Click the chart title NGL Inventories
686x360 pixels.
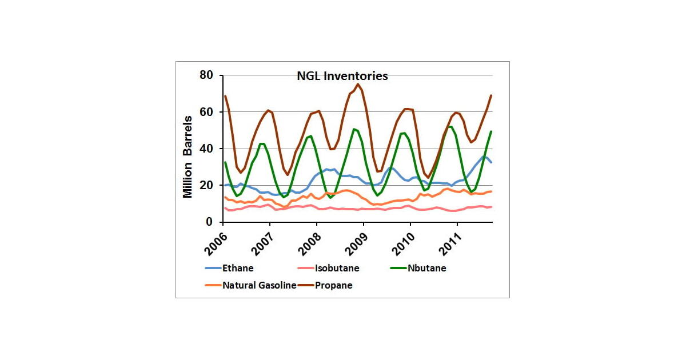(x=342, y=76)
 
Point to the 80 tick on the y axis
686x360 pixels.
(x=206, y=75)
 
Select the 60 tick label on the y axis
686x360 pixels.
(x=206, y=112)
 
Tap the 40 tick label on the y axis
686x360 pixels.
(x=206, y=149)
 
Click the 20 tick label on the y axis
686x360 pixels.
(x=206, y=185)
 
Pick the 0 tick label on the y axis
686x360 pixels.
(x=209, y=222)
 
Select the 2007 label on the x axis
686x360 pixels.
(x=260, y=241)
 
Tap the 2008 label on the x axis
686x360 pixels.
(x=307, y=241)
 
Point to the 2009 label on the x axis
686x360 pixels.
(x=354, y=241)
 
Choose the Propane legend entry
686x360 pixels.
(x=334, y=285)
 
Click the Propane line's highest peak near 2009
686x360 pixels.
(x=358, y=84)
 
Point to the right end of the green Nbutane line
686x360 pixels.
(x=491, y=131)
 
